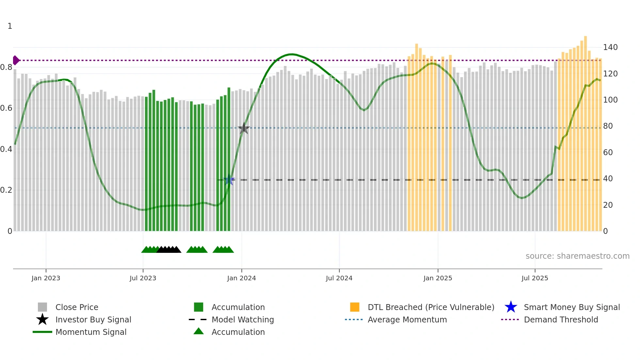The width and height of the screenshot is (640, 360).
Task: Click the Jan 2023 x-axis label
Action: (x=46, y=278)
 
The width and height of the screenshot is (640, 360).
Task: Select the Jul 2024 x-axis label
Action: (x=339, y=278)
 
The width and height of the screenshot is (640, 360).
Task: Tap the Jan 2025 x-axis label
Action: (x=438, y=278)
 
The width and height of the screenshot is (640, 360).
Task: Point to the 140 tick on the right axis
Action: (x=610, y=47)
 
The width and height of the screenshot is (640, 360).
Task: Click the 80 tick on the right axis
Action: (x=608, y=126)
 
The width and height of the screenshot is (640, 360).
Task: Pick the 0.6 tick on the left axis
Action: (x=6, y=108)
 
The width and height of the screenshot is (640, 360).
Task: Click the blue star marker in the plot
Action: (x=229, y=180)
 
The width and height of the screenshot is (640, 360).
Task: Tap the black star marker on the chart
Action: (x=244, y=128)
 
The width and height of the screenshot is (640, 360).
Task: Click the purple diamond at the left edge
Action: (x=16, y=60)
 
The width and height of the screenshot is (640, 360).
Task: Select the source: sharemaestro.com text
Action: (x=577, y=256)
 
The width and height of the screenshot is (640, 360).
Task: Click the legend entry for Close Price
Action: (x=77, y=307)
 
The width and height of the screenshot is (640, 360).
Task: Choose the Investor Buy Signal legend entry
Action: (x=93, y=319)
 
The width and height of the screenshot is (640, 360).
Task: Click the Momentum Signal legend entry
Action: (x=91, y=332)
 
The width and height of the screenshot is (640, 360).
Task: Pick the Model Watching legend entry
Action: (x=243, y=319)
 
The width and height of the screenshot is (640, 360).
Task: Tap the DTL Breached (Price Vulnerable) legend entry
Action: (x=431, y=307)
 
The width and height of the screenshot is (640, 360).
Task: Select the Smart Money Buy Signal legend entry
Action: (x=572, y=307)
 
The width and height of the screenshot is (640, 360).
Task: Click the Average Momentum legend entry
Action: (x=407, y=319)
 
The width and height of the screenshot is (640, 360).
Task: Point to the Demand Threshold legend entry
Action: (x=561, y=319)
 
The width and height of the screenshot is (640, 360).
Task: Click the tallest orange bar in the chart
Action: (x=585, y=131)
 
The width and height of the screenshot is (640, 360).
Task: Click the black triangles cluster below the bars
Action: (x=169, y=250)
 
